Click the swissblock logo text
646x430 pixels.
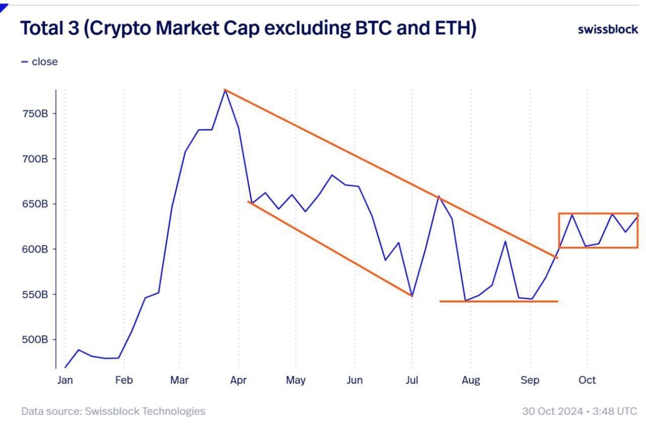coord(608,29)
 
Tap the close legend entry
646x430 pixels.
coord(44,62)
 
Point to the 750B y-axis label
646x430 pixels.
coord(35,113)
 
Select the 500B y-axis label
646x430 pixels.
coord(35,339)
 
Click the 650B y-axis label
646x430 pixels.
coord(35,204)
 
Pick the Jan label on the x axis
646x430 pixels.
coord(65,380)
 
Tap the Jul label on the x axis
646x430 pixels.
coord(412,380)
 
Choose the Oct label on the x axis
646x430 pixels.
coord(587,380)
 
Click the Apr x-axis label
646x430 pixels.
coord(238,380)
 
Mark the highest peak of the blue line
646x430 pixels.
coord(225,90)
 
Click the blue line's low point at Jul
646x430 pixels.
coord(412,296)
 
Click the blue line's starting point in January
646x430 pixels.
coord(65,367)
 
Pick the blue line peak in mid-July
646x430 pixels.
coord(439,196)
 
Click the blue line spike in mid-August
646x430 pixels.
coord(505,241)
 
